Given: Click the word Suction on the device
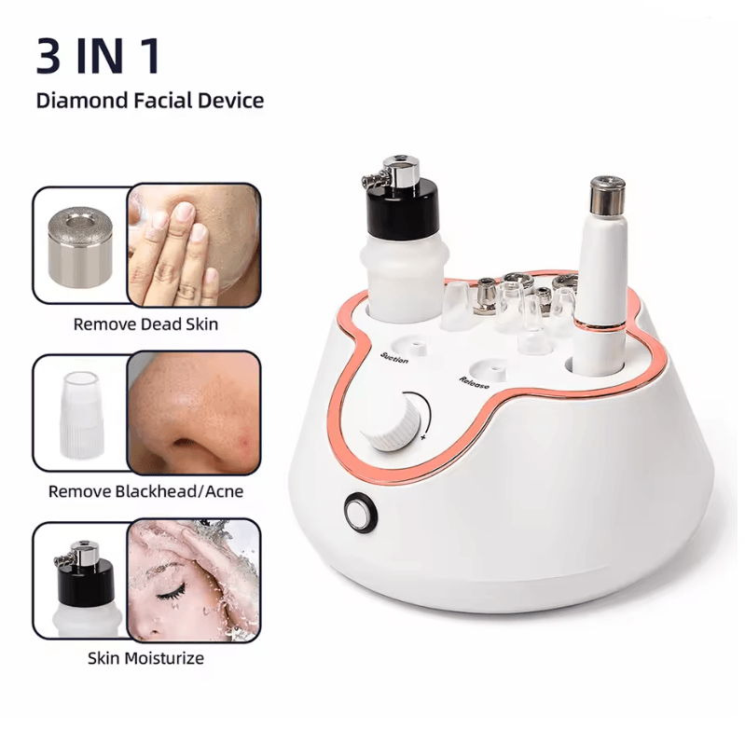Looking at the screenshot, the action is (x=394, y=358).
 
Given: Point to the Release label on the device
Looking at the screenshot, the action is (x=474, y=382).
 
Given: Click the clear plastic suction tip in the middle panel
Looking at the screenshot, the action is (x=80, y=414).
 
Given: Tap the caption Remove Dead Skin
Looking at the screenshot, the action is (x=145, y=324).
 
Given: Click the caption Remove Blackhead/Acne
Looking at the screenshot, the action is (x=145, y=491).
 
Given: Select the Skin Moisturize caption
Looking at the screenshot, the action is (x=145, y=658).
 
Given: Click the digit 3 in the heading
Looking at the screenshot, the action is (x=48, y=56).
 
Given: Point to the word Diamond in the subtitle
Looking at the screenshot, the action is (x=82, y=101).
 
